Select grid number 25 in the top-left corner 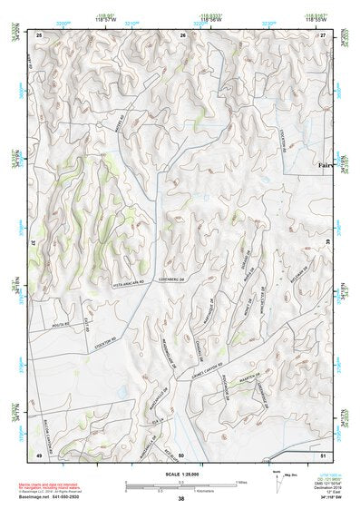click(x=39, y=34)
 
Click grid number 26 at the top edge click(x=182, y=34)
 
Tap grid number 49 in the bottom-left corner click(x=39, y=454)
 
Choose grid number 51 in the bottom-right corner click(x=323, y=454)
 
